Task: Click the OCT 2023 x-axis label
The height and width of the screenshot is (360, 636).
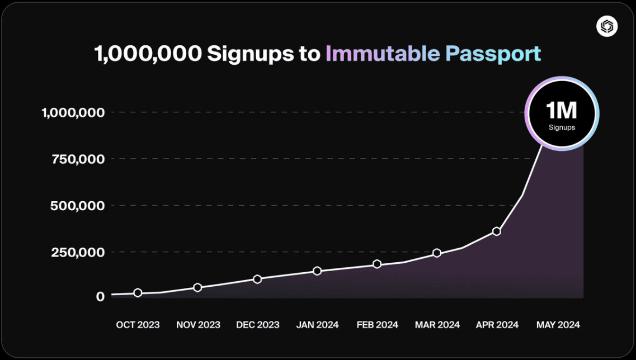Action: [x=138, y=325]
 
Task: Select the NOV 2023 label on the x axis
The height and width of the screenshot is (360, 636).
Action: [x=198, y=325]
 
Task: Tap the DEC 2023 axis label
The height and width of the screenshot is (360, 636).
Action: [x=258, y=325]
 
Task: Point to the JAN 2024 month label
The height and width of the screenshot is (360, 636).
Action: [x=317, y=325]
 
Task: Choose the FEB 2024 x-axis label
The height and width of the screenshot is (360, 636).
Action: [x=377, y=325]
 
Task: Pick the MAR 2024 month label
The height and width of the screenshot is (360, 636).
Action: [x=437, y=325]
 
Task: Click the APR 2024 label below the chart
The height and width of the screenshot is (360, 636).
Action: [x=497, y=325]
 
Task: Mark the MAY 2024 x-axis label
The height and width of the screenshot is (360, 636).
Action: [x=558, y=325]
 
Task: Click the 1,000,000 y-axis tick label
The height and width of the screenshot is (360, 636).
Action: [x=73, y=112]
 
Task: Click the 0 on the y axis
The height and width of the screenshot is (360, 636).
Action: [x=100, y=296]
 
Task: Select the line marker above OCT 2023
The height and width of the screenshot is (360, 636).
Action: [x=138, y=293]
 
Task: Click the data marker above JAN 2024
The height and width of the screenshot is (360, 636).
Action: [x=317, y=271]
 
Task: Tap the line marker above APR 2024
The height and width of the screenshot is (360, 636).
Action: [x=496, y=231]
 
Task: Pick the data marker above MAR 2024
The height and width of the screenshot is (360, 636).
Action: [x=437, y=253]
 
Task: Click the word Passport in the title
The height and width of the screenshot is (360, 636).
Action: [x=493, y=54]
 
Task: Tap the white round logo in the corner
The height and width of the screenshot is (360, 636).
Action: [x=606, y=26]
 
